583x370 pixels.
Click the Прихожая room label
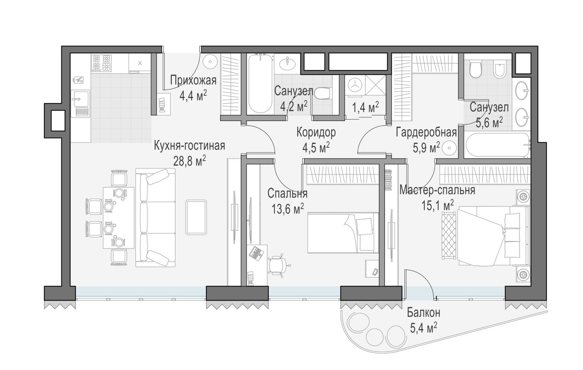(x=193, y=81)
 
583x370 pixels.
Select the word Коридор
(x=316, y=133)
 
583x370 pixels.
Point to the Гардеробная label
(x=426, y=132)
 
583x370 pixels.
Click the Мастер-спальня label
(x=437, y=190)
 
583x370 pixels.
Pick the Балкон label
(x=424, y=312)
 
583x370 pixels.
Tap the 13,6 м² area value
(x=288, y=209)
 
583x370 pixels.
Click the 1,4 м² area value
(x=365, y=107)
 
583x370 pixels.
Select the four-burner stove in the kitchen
(x=101, y=63)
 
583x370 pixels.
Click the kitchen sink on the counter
(x=80, y=103)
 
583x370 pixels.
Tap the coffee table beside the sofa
(x=196, y=217)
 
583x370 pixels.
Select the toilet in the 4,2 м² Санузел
(x=323, y=93)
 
